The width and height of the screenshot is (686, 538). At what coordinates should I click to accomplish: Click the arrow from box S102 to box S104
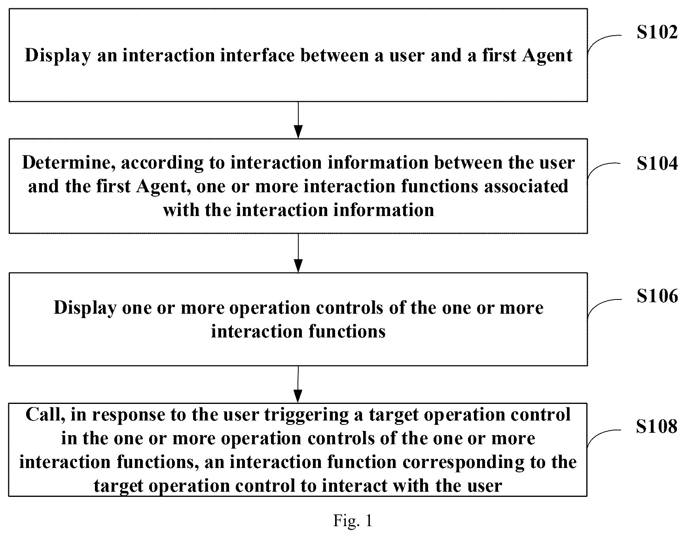(x=298, y=120)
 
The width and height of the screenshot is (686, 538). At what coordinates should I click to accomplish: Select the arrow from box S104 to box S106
(x=298, y=253)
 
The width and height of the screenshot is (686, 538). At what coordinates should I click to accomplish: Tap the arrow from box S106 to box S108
(x=298, y=384)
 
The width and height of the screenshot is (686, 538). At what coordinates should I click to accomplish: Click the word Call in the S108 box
(x=45, y=415)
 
